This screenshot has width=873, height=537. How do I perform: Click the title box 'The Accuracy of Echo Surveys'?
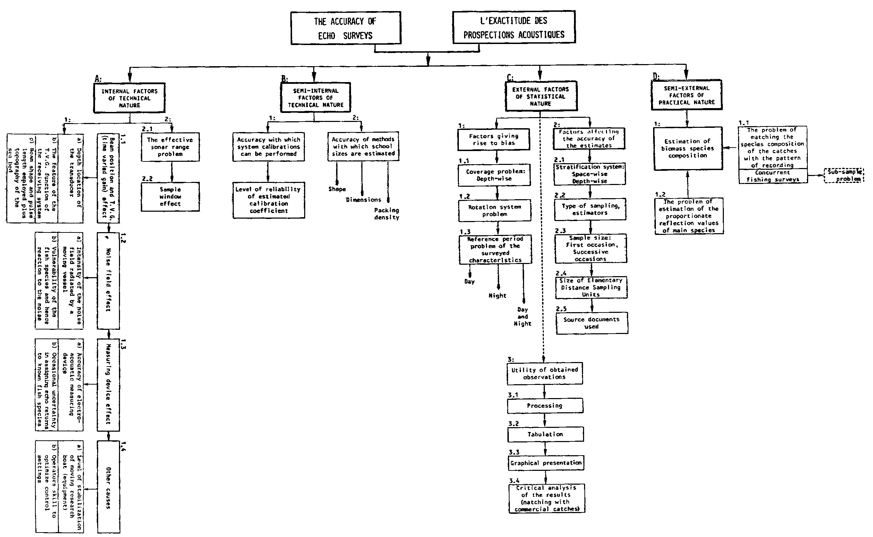tap(346, 28)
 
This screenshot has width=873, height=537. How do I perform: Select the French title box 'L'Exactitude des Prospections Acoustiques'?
tap(514, 27)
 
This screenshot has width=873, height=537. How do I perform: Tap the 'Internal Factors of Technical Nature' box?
tap(129, 98)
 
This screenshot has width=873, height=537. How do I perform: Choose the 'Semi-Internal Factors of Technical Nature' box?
tap(315, 98)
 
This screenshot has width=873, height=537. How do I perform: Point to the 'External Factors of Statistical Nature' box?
tap(541, 96)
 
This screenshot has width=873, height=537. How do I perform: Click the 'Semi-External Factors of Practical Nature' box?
tap(686, 95)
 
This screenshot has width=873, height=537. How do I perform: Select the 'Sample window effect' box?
tap(170, 197)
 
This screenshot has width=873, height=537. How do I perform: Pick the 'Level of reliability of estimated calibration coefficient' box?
tap(269, 200)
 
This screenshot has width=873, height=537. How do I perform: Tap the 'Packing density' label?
tap(387, 214)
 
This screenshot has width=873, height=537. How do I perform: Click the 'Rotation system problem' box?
tap(495, 211)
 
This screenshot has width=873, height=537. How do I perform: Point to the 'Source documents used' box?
tap(591, 323)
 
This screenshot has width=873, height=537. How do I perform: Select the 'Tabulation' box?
tap(545, 434)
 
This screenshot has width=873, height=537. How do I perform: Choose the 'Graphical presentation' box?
tap(546, 463)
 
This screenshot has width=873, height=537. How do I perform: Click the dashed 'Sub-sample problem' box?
tap(844, 175)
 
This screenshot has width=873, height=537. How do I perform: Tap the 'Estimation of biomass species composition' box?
tap(688, 149)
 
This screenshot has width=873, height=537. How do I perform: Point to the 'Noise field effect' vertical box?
tap(109, 280)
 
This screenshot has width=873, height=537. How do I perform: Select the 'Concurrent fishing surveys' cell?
tap(773, 176)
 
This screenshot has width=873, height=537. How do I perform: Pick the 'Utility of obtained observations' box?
tap(545, 373)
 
